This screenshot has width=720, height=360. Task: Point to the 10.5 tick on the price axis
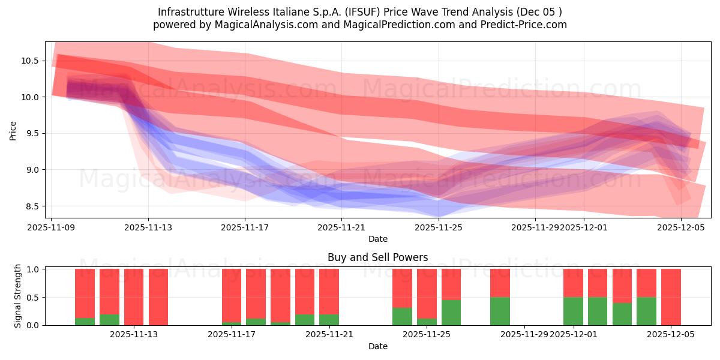[x=29, y=61]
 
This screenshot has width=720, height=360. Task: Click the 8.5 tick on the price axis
[x=29, y=206]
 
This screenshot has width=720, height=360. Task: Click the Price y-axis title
[x=13, y=130]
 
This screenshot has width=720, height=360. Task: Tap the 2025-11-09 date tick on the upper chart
[x=52, y=227]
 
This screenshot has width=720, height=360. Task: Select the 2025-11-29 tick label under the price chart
[x=535, y=227]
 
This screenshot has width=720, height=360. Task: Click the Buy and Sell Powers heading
[x=377, y=257]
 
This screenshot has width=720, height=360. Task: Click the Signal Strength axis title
[x=18, y=296]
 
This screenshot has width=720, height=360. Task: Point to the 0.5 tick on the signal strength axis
[x=34, y=297]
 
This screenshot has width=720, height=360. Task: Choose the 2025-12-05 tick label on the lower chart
[x=672, y=335]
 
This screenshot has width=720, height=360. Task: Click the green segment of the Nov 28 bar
[x=500, y=311]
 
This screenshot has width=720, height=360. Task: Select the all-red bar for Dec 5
[x=671, y=297]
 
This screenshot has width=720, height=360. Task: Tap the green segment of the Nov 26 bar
[x=451, y=313]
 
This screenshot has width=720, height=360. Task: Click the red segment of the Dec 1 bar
[x=573, y=283]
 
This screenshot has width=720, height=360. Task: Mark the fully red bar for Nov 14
[x=158, y=297]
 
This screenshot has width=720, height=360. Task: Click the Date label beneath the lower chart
[x=377, y=346]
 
